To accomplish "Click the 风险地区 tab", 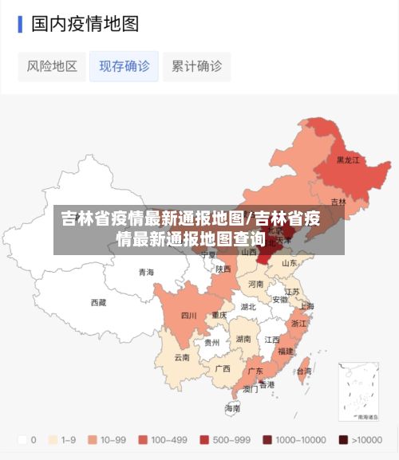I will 52,66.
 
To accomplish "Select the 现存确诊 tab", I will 124,66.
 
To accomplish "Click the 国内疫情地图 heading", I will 85,23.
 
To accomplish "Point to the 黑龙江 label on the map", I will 348,160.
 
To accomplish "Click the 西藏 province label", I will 98,302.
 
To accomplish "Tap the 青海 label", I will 146,272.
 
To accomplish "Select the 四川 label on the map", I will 188,315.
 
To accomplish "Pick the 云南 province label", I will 182,357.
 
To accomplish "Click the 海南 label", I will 232,408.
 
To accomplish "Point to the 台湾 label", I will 303,372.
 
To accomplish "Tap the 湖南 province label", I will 243,339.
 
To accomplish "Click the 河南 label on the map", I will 255,284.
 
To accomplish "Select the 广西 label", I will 223,368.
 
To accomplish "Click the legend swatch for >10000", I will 343,439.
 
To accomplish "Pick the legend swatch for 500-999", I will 205,439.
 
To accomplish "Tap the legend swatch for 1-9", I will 54,439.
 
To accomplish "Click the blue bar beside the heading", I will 20,23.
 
